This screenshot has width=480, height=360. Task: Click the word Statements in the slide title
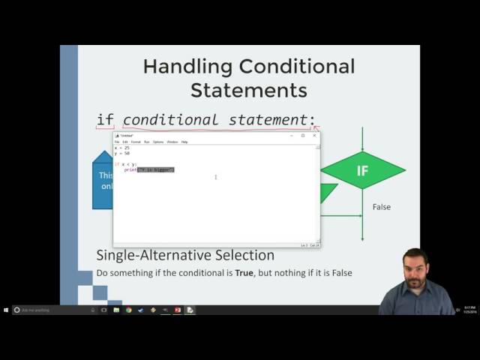coord(248,91)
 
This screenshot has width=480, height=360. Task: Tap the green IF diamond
coord(362,170)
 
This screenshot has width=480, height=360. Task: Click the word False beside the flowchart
coord(381,207)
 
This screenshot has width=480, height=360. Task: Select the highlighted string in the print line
coord(155,170)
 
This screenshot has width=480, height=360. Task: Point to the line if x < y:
coord(126,164)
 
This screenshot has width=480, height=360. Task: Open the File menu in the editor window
coord(117,142)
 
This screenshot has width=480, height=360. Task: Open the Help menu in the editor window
coord(184,142)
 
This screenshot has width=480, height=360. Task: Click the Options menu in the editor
coord(158,142)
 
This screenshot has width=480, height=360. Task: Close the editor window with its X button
coord(314,136)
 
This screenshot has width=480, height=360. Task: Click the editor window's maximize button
coord(303,136)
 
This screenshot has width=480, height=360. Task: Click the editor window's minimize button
coord(291,136)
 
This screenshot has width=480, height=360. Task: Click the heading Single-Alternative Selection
coord(185,256)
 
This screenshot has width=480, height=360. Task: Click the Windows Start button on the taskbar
coord(6,310)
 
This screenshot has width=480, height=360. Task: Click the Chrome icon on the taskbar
coord(129,310)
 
